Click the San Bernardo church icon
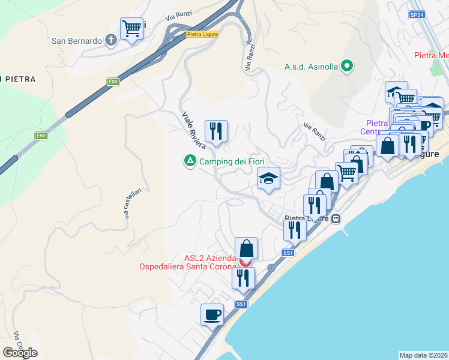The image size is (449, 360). coord(110,41)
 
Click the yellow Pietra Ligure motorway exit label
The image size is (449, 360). coord(202,34)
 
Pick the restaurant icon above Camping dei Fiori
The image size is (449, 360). coord(216,131)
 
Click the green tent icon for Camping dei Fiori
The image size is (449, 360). coord(190,161)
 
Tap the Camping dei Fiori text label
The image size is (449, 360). coord(232,161)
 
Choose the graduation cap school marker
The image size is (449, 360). coord(268,178)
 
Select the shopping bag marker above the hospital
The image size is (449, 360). coord(246,248)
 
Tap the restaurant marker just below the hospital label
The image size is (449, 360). coord(243,278)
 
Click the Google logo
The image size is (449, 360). coord(20,352)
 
